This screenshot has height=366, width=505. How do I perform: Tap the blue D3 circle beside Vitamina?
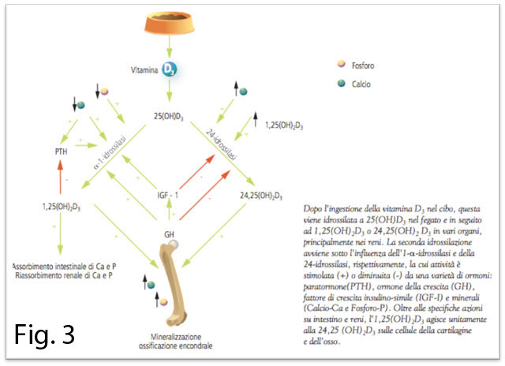(x=169, y=69)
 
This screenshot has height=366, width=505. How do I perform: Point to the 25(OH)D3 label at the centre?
(x=170, y=118)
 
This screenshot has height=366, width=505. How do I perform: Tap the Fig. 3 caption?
(x=47, y=334)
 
